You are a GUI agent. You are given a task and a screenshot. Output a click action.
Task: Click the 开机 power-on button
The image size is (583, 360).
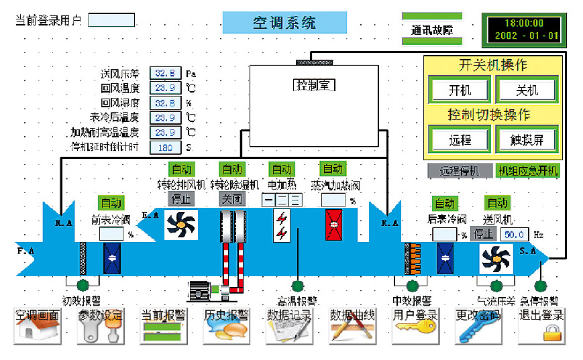[x=460, y=90]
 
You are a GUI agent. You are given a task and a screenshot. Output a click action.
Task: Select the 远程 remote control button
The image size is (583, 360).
[x=460, y=139]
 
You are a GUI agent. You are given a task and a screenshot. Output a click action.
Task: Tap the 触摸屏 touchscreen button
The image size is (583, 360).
[x=526, y=139]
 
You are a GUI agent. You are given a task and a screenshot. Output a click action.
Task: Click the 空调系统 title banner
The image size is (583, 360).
[x=284, y=23]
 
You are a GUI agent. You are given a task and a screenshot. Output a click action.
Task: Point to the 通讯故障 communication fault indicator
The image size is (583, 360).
[x=431, y=30]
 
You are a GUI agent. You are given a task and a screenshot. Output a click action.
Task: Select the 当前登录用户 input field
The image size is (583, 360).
[x=111, y=19]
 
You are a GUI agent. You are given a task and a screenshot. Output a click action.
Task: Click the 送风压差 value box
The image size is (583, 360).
[x=165, y=73]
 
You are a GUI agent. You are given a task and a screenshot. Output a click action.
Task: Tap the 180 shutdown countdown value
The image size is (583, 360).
[x=165, y=147]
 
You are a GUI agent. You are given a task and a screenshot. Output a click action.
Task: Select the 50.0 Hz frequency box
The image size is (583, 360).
[x=514, y=234]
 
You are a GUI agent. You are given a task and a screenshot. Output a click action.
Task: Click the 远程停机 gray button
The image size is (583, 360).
[x=460, y=171]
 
